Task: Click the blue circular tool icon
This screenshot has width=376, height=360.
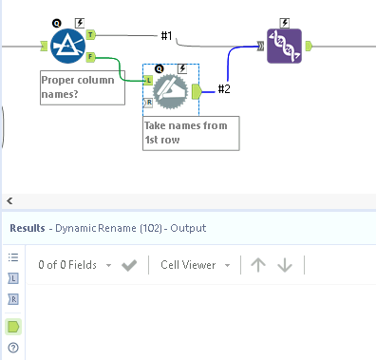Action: pos(68,45)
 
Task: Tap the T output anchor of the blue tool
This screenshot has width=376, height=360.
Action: pos(91,34)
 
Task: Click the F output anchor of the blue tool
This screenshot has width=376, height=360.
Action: pos(91,56)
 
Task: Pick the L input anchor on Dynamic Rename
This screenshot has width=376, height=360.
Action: pos(147,82)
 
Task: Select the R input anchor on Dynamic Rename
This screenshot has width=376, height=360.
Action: pos(147,101)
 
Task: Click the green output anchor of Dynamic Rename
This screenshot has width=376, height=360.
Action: pos(197,91)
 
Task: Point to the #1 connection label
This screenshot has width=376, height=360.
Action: pos(166,36)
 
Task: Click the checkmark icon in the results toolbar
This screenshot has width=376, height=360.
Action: pos(130,265)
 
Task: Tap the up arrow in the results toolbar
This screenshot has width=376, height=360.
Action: pos(258,265)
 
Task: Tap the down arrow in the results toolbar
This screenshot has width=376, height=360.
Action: pos(284,265)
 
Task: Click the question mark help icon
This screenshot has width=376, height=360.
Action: pos(13,348)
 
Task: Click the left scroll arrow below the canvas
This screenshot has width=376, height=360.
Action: pos(9,200)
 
